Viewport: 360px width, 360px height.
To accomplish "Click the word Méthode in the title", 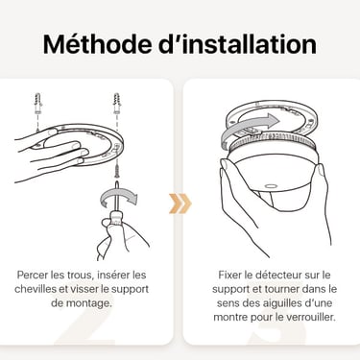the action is click(x=97, y=43).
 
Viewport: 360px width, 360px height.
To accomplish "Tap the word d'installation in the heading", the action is click(x=237, y=43).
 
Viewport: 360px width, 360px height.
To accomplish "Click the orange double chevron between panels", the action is click(x=180, y=203).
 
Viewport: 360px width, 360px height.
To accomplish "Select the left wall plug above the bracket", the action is click(x=38, y=103).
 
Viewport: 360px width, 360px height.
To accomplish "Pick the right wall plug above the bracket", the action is click(x=116, y=103).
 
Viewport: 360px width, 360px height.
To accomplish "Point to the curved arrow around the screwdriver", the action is click(x=119, y=197).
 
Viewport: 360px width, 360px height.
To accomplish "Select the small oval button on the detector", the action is click(x=271, y=185).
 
